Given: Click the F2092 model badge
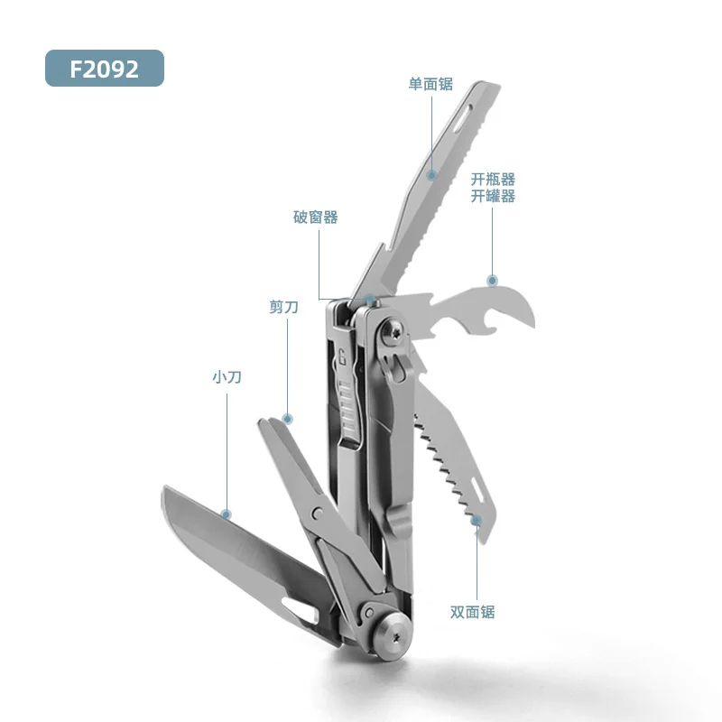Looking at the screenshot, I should point(104,69).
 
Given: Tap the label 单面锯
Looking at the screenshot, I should point(430,84).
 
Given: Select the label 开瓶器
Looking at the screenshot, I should point(493,180).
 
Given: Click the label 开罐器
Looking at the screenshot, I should point(493,196).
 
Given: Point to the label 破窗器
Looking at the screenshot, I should point(316,217).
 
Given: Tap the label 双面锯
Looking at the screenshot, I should point(472,612).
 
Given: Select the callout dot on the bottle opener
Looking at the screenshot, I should point(492,281).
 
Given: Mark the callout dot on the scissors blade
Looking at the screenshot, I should point(288,419).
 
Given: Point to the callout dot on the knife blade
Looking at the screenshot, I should point(227,514).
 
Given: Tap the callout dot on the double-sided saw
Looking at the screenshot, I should point(477,520).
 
